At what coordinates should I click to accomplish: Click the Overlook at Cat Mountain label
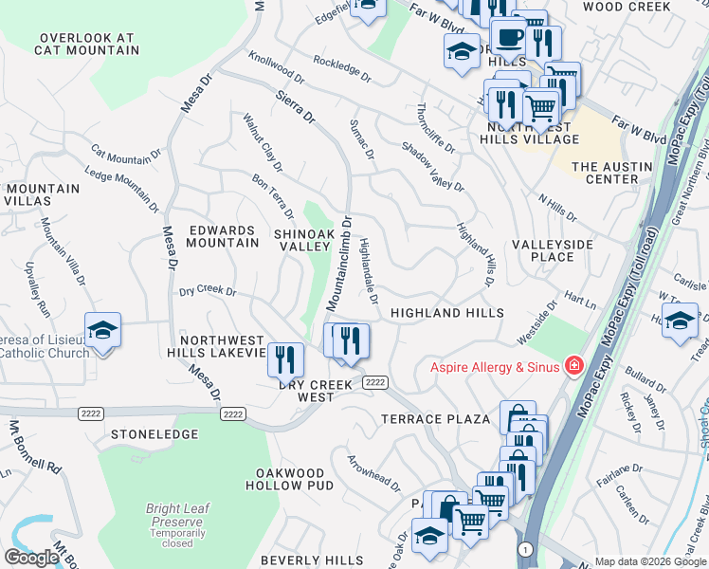tap(84, 45)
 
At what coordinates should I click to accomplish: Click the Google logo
tap(31, 558)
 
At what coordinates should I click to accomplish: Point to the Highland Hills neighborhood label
tap(446, 313)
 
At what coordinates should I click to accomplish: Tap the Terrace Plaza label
tap(435, 418)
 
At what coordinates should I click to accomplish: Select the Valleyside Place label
tap(553, 250)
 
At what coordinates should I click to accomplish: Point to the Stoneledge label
tap(155, 434)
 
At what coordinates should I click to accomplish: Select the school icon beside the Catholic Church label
tap(102, 331)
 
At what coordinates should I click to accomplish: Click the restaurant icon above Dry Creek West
tap(284, 359)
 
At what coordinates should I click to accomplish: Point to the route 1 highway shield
tap(523, 549)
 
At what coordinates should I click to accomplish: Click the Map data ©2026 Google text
tap(650, 561)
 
